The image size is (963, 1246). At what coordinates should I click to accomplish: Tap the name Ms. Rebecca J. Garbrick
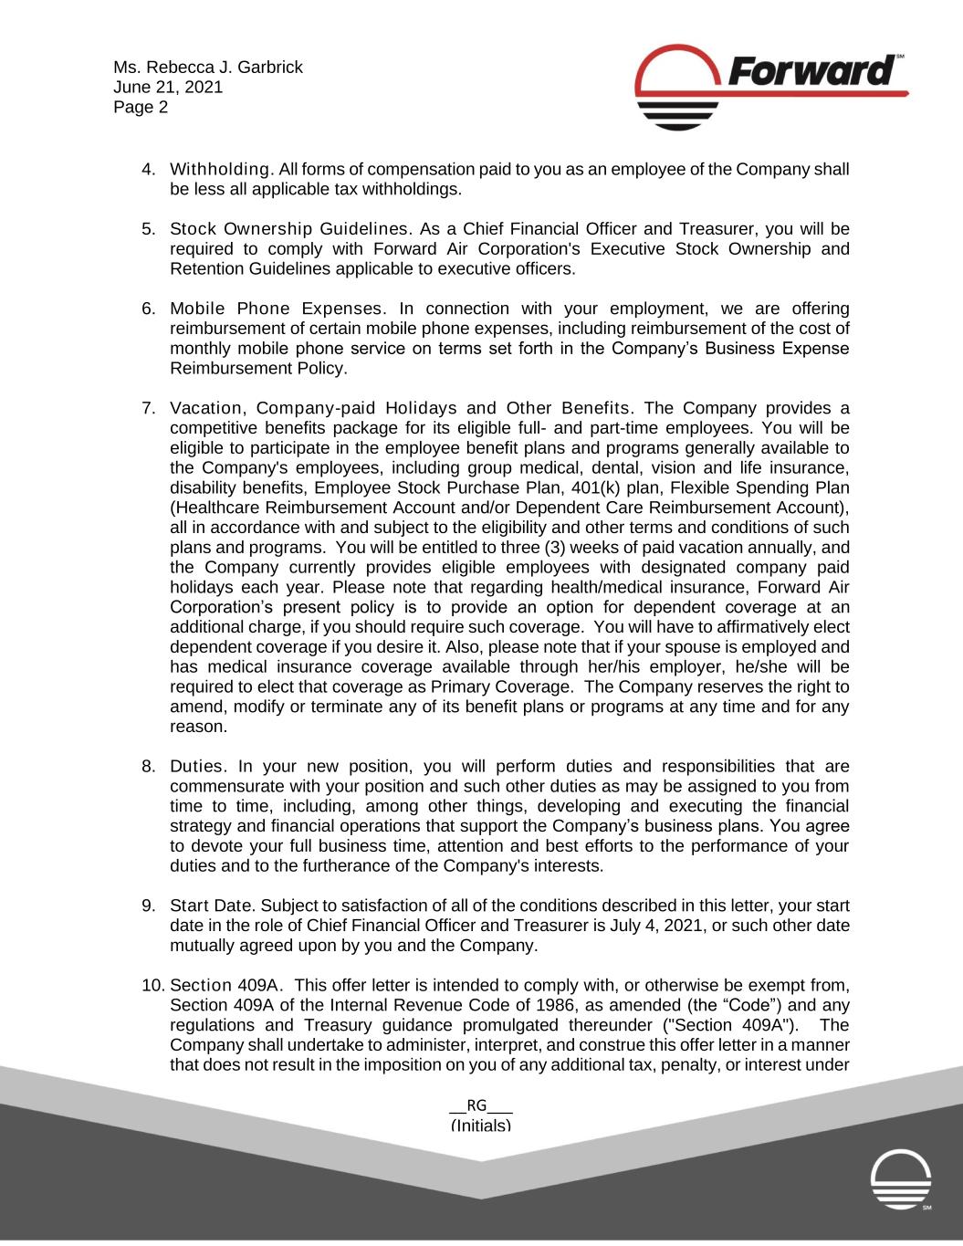pyautogui.click(x=208, y=68)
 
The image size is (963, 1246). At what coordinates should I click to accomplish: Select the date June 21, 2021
pyautogui.click(x=168, y=88)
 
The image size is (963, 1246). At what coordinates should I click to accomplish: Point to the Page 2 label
pyautogui.click(x=141, y=108)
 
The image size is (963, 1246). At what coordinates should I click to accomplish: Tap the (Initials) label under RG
pyautogui.click(x=481, y=1126)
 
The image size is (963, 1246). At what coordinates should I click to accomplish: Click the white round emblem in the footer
pyautogui.click(x=901, y=1179)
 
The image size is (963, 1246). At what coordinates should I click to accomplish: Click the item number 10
pyautogui.click(x=152, y=986)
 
